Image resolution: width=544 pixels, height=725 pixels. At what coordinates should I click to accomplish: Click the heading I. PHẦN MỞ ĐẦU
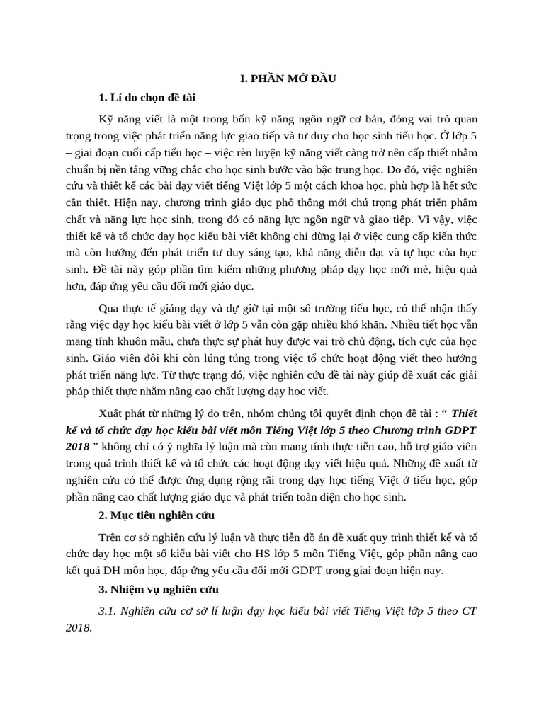coord(286,79)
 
